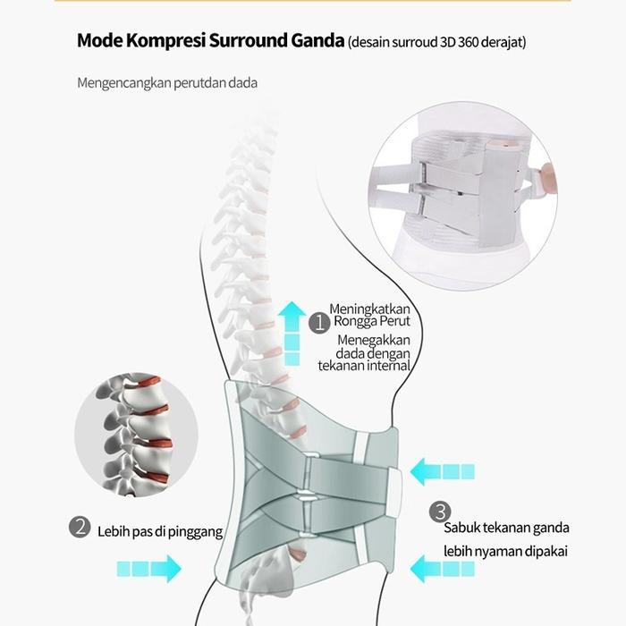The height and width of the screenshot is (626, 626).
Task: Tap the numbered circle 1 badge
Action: (x=318, y=323)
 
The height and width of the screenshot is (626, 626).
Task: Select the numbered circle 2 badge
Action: (x=81, y=528)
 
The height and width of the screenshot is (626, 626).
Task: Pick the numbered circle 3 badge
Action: (x=439, y=512)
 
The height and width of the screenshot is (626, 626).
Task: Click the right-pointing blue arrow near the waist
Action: (x=148, y=567)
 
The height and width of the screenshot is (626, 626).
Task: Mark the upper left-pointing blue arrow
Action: (x=443, y=471)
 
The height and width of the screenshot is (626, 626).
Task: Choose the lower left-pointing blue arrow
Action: (x=443, y=567)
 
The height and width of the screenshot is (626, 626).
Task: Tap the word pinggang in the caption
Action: (x=194, y=532)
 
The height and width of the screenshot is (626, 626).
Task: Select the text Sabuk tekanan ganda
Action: (x=506, y=528)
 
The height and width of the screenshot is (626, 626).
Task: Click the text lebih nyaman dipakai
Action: (x=506, y=551)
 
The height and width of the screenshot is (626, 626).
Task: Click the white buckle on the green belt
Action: (x=393, y=488)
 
